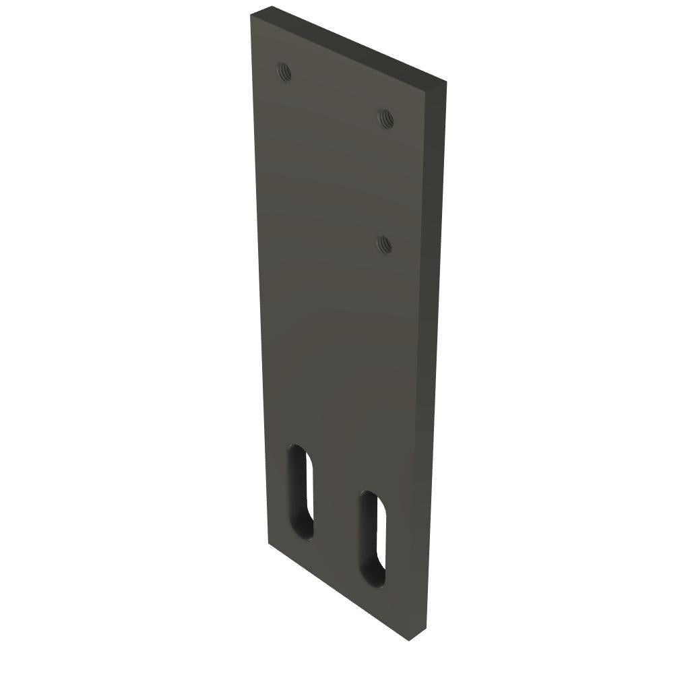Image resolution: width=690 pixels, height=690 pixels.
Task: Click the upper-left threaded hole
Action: pos(284,71)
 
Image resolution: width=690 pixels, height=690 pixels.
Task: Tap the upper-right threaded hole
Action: pos(386,119)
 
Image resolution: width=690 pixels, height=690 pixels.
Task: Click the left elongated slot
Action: pos(301,492)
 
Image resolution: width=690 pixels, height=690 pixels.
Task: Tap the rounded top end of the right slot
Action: pos(372,497)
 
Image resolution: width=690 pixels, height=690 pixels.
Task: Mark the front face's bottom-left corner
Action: pos(269,542)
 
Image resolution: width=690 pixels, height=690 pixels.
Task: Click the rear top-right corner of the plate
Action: pos(446,82)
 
